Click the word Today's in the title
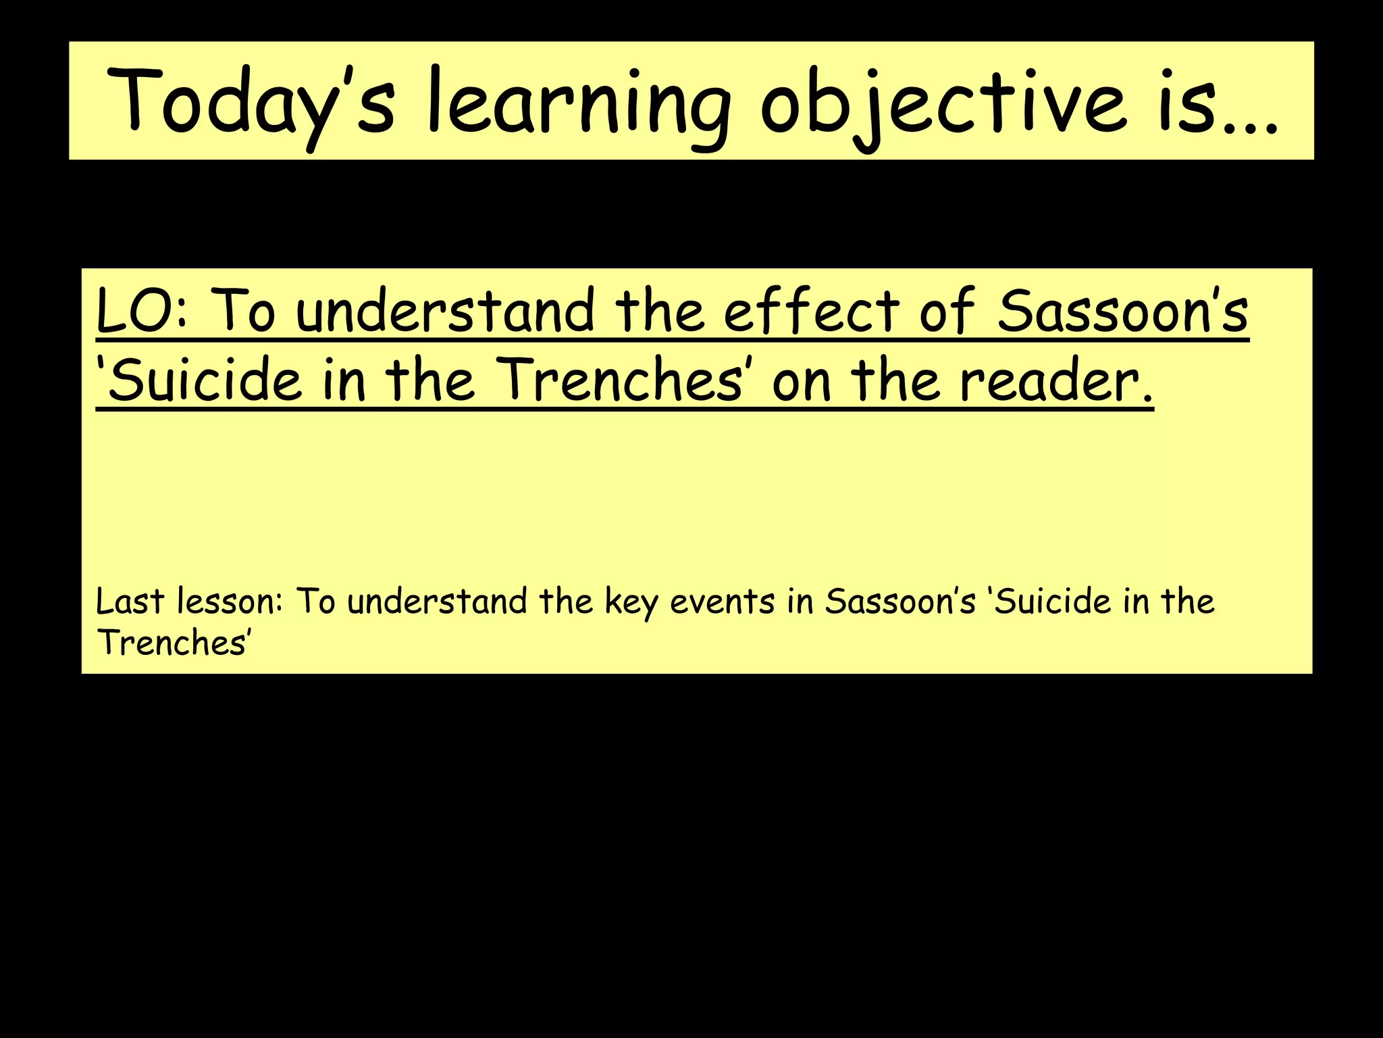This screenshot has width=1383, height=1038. click(250, 101)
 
